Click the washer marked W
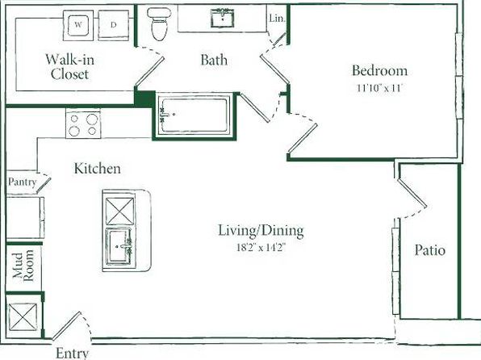(78, 25)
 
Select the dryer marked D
(114, 25)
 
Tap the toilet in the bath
(159, 24)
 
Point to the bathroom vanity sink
(223, 18)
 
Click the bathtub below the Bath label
(194, 115)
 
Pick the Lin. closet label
(277, 19)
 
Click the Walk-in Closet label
(70, 67)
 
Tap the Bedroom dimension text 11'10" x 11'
(379, 88)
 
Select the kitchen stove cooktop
(83, 124)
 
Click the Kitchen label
(97, 169)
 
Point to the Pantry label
(22, 182)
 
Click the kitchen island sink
(119, 246)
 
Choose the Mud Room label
(23, 265)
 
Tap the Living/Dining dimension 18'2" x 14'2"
(261, 247)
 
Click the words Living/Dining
(261, 231)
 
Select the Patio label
(430, 250)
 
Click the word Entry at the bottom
(73, 353)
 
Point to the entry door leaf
(66, 326)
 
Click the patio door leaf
(412, 194)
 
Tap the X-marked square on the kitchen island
(120, 211)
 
